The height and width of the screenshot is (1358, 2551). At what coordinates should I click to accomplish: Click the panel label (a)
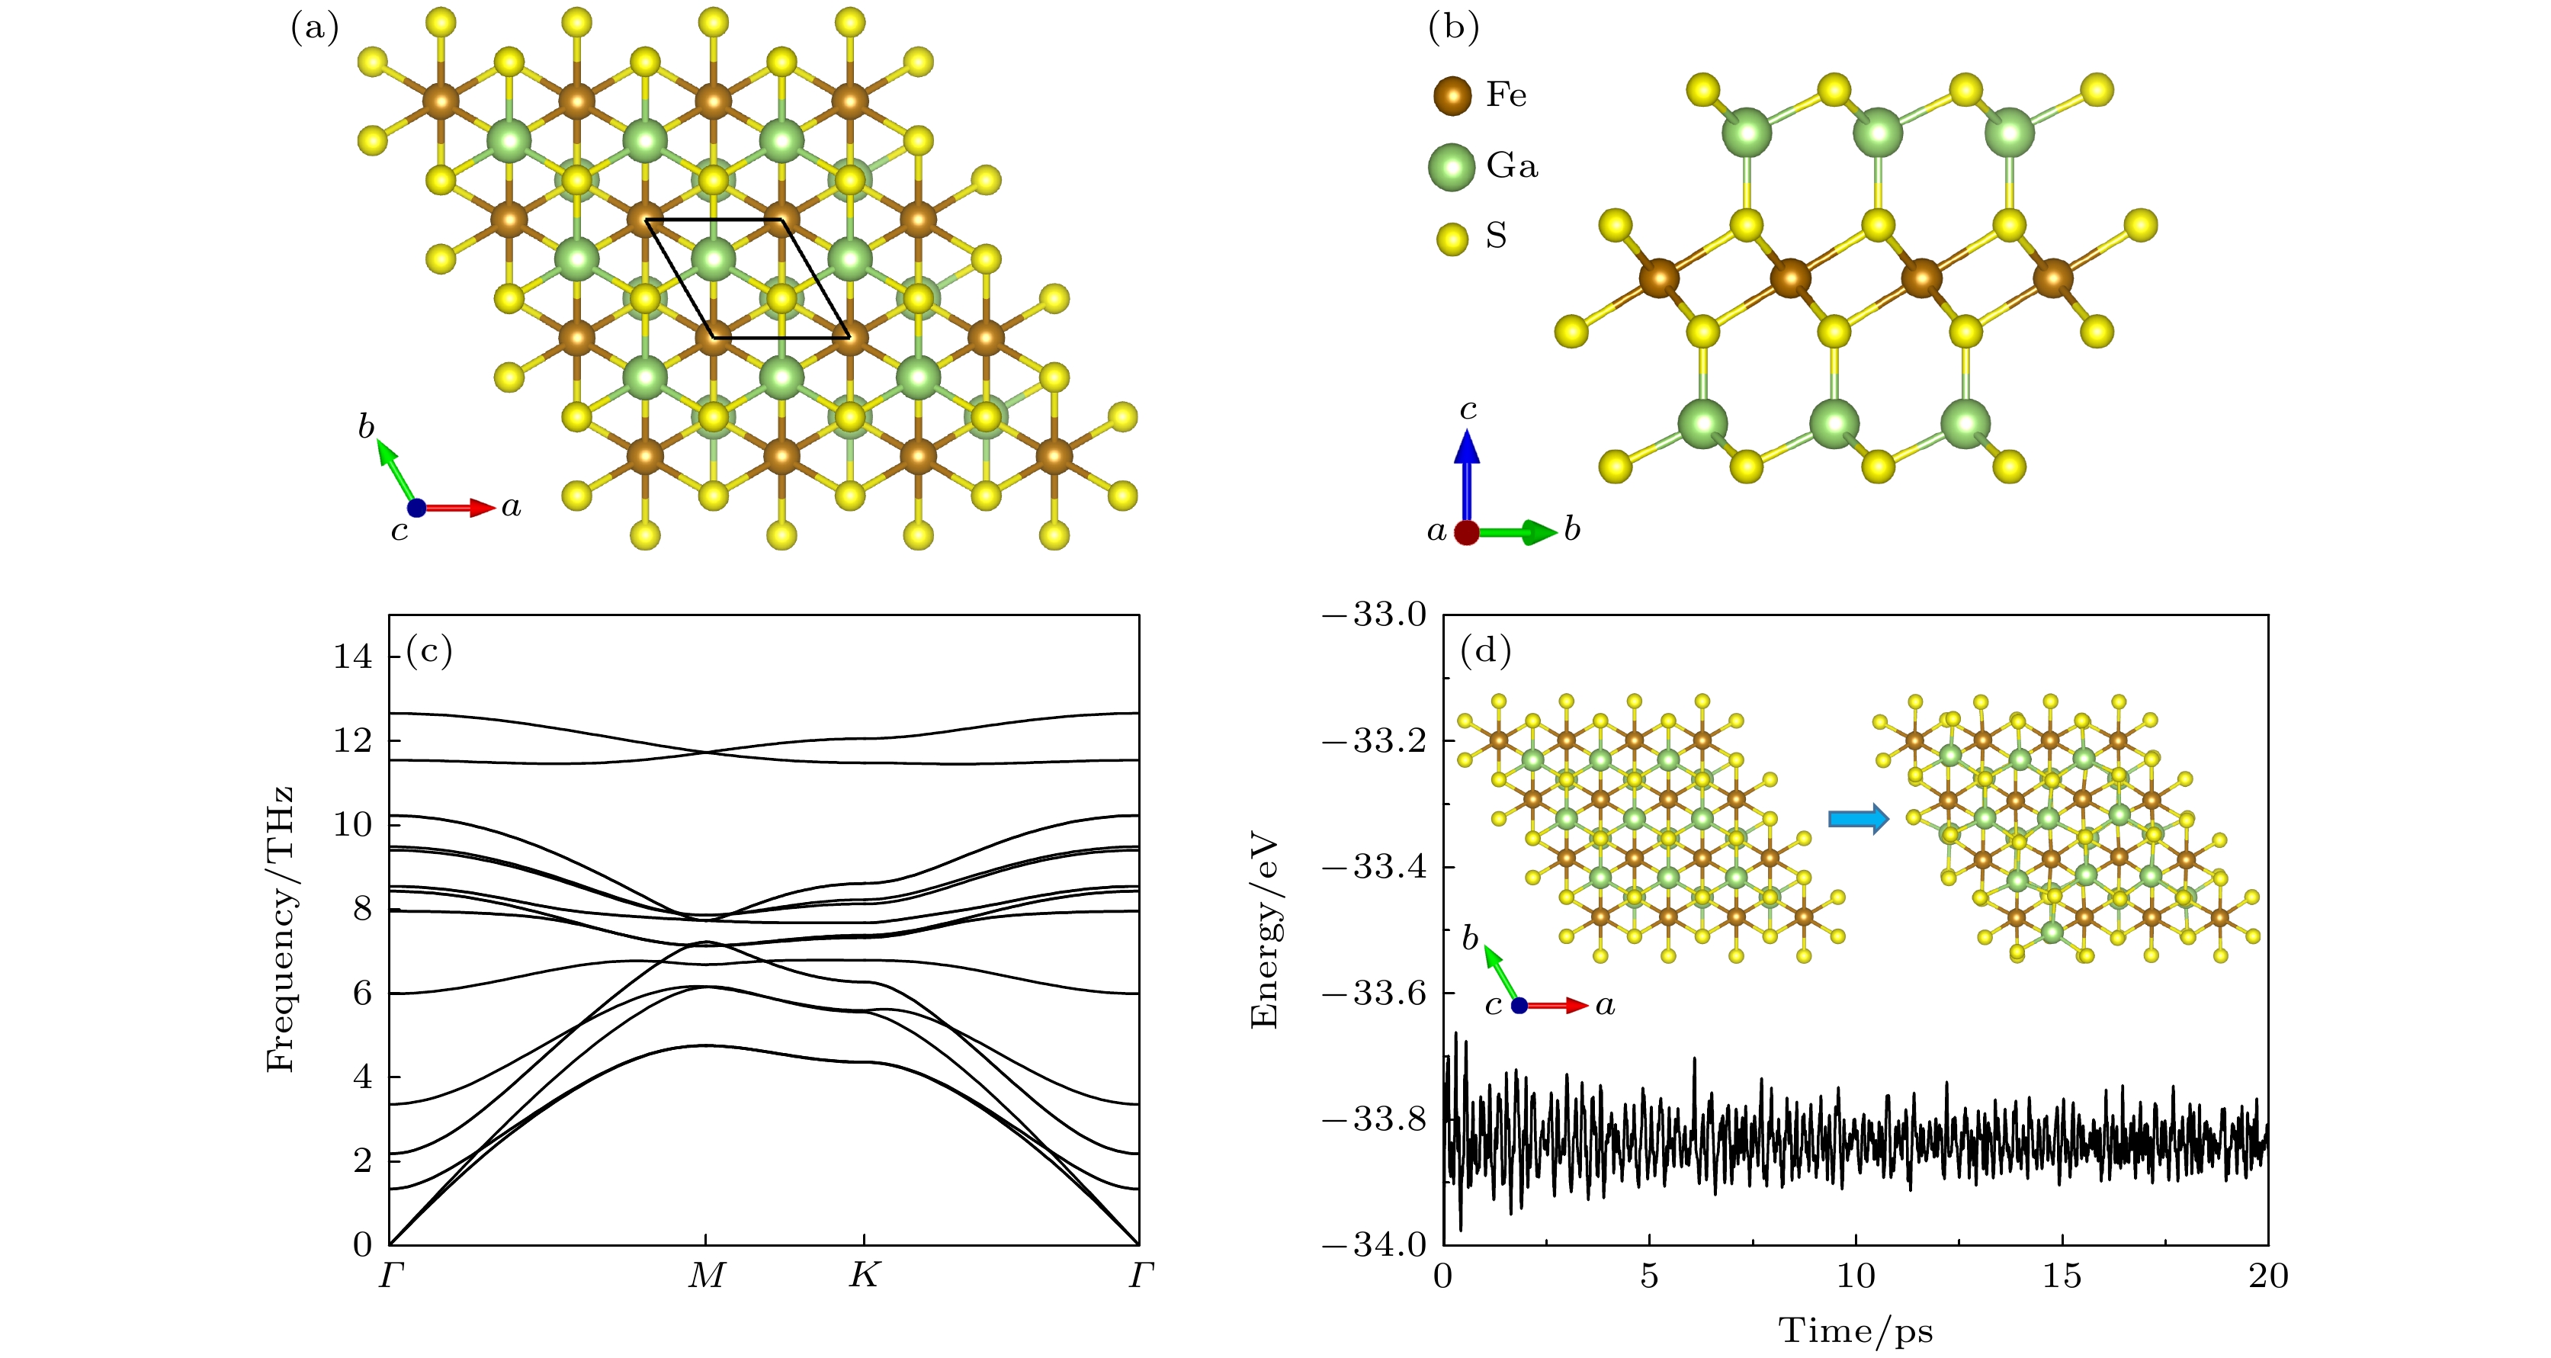click(x=314, y=27)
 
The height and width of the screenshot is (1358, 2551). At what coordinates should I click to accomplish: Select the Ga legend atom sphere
click(x=1452, y=166)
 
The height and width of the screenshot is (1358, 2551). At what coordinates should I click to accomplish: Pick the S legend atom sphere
click(x=1452, y=238)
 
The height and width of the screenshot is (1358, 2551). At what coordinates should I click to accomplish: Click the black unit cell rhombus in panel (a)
click(x=748, y=278)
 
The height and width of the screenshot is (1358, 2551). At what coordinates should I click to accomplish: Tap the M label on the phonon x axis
click(x=706, y=1276)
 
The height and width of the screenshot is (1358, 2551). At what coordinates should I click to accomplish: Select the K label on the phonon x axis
click(x=864, y=1276)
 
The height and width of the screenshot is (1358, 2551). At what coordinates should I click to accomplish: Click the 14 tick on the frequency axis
click(x=352, y=656)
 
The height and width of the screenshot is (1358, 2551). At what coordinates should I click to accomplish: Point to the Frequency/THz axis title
click(x=281, y=929)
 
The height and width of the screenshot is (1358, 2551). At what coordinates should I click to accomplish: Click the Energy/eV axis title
click(x=1265, y=931)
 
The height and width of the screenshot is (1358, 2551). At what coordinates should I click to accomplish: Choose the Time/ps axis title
click(x=1855, y=1331)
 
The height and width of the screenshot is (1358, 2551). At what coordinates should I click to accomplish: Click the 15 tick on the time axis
click(x=2062, y=1276)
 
